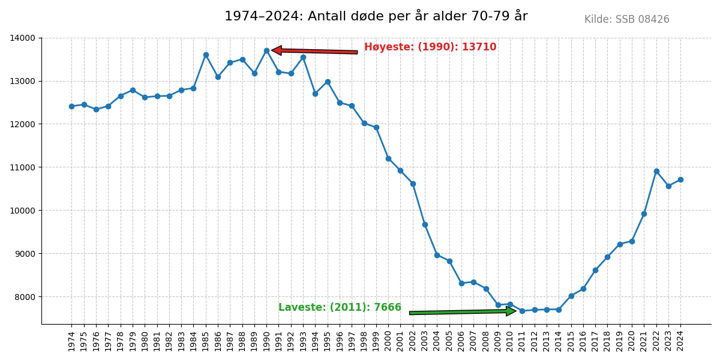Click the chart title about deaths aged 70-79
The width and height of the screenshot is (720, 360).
point(376,16)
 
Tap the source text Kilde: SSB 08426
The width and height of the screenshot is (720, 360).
point(626,20)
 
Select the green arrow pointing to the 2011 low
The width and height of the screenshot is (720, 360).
point(462,311)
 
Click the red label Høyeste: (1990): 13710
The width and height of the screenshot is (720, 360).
point(430,47)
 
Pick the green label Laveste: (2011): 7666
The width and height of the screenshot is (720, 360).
point(340,308)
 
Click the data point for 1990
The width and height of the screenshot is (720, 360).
point(266,50)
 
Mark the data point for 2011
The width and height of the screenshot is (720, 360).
point(522,311)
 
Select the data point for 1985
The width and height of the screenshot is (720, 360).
point(206,55)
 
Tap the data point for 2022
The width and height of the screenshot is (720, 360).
point(656,171)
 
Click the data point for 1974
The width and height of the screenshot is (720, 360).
point(71,106)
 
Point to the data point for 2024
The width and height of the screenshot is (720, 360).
point(680,179)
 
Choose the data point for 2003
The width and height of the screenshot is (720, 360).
point(425,224)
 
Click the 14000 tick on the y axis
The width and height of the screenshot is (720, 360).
point(22,38)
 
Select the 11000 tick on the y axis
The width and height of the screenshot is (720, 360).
point(22,167)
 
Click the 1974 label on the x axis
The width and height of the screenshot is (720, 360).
point(72,341)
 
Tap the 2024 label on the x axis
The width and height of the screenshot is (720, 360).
point(681,341)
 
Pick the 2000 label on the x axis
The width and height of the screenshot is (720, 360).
point(389,341)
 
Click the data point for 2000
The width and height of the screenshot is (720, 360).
point(388,158)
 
